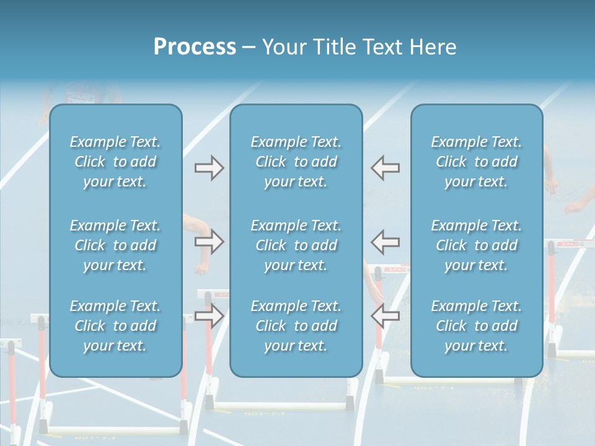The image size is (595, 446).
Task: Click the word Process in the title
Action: (195, 47)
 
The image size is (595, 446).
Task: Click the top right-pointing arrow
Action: (209, 168)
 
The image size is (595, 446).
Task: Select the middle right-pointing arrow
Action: (209, 242)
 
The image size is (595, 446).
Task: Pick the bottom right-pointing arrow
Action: (209, 316)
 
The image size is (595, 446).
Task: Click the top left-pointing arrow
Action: (385, 168)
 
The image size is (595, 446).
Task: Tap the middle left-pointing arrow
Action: (385, 242)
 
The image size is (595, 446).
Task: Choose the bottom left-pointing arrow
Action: (385, 316)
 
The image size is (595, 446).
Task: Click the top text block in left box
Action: (115, 162)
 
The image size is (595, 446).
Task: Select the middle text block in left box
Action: (115, 245)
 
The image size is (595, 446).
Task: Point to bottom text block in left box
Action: (115, 326)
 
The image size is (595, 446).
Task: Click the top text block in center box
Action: (296, 162)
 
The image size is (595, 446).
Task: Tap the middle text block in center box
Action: (296, 245)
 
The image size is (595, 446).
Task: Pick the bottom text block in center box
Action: (296, 326)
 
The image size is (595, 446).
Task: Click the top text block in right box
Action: (477, 162)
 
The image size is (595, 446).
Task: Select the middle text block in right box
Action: (477, 245)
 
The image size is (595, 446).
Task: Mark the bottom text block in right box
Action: (477, 326)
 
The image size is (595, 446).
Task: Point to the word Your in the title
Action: (281, 47)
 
